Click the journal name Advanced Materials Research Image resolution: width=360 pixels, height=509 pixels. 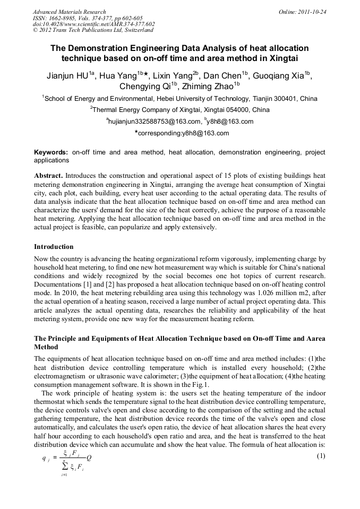[x=69, y=12]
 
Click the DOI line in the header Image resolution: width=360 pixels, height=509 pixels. [x=93, y=24]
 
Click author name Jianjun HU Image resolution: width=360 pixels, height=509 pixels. [x=67, y=76]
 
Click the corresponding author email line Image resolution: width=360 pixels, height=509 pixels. [x=181, y=133]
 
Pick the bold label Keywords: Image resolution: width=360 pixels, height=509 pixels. [x=50, y=152]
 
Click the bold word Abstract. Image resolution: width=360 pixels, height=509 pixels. [x=49, y=175]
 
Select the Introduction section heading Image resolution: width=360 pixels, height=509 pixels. [x=54, y=247]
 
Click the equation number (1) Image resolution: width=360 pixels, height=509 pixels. [x=320, y=456]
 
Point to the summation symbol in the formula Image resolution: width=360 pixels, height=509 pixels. [x=63, y=466]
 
